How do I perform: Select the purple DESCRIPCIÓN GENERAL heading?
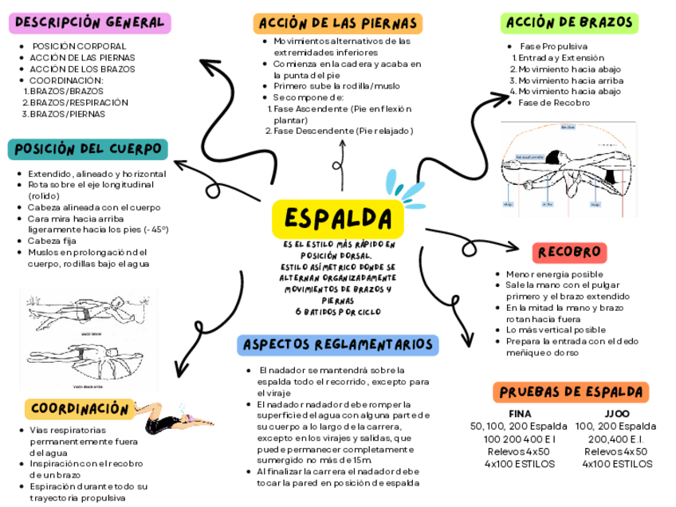point(89,23)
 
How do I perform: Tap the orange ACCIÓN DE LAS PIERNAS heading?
point(337,23)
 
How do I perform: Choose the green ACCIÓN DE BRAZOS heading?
point(570,23)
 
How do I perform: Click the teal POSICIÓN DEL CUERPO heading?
point(88,149)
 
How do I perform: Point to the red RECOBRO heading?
point(568,253)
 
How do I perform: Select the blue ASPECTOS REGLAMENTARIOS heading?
point(339,344)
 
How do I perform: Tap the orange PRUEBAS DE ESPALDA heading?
point(570,392)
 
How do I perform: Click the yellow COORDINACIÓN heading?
point(79,409)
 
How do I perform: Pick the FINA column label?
point(520,414)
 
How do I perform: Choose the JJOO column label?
point(616,414)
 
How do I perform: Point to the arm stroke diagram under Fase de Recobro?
point(568,169)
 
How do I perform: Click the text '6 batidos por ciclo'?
point(338,312)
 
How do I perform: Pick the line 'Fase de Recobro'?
point(553,103)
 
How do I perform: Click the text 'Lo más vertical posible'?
point(556,330)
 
